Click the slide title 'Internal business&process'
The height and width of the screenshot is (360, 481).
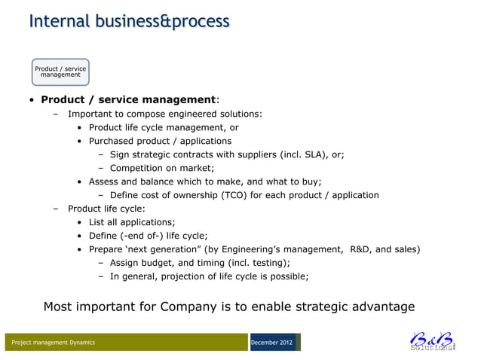pos(129,21)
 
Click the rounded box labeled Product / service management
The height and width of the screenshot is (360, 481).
pos(60,72)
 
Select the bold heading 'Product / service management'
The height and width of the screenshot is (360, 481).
pos(129,99)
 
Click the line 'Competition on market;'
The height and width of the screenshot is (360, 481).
pos(162,168)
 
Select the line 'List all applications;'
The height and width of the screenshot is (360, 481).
pos(132,222)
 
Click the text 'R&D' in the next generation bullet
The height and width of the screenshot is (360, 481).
pos(360,249)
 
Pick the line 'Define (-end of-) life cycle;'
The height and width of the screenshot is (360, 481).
pos(148,236)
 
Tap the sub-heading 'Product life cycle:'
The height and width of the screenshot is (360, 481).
pos(106,209)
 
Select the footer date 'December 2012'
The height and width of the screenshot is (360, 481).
pos(273,343)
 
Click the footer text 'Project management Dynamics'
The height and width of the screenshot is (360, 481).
pos(53,343)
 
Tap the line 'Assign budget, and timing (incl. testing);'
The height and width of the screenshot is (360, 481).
pos(200,263)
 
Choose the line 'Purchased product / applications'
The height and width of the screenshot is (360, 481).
pos(160,141)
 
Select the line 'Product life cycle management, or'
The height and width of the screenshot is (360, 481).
pos(164,127)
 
